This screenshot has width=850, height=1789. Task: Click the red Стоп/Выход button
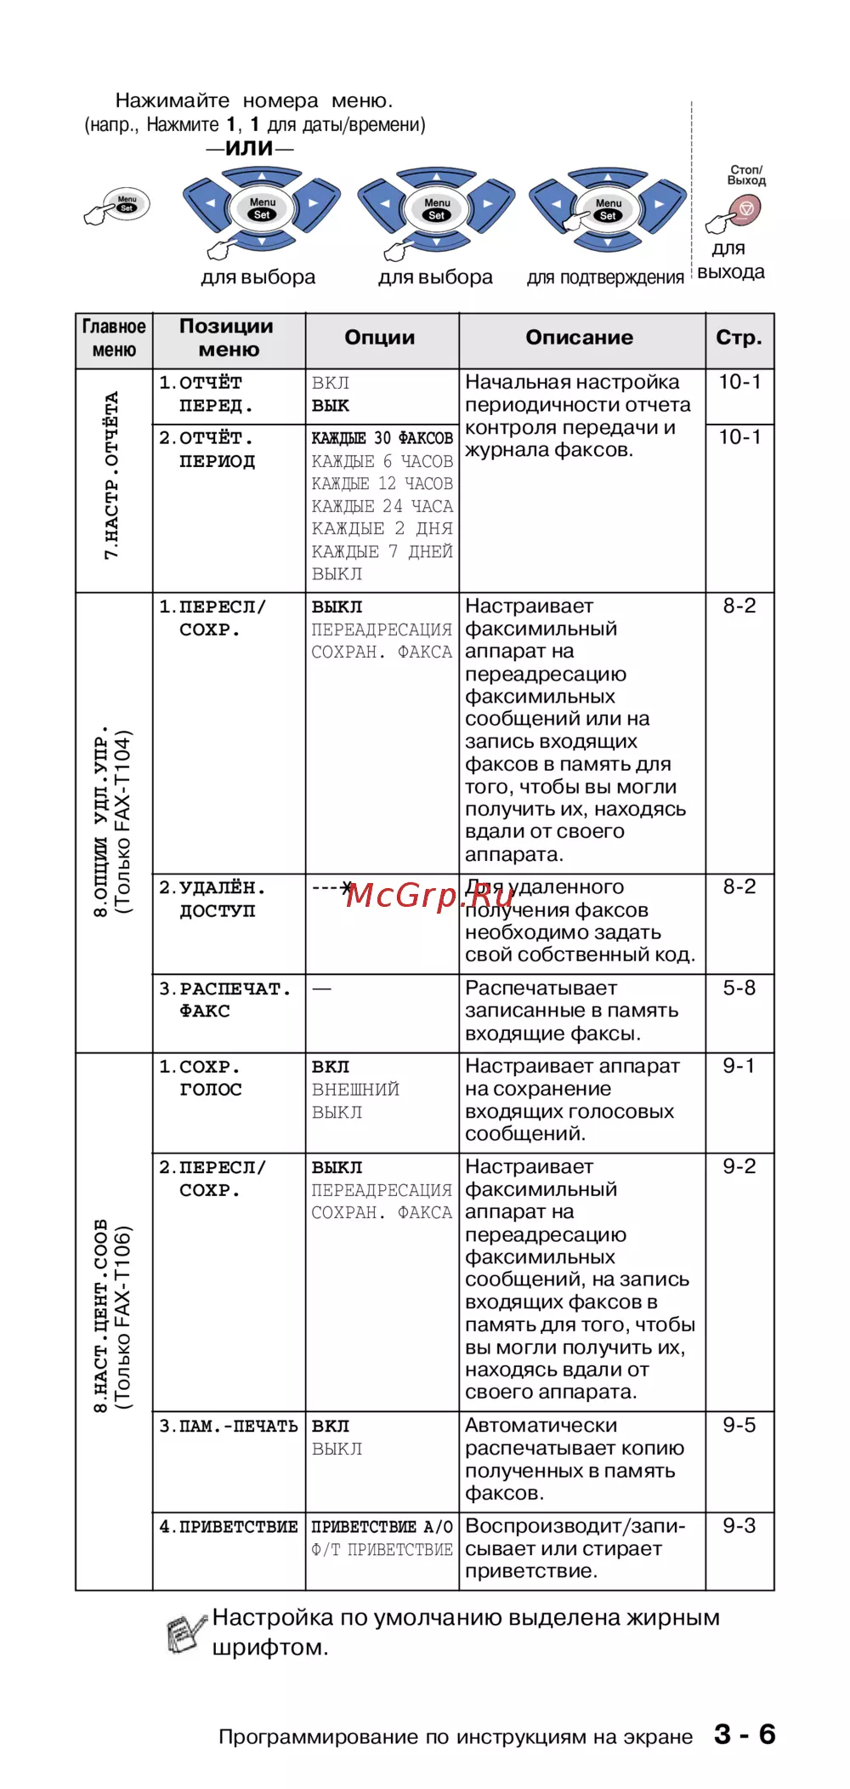(x=745, y=208)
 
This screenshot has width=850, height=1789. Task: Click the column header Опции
(x=380, y=338)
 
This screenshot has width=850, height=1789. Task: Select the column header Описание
(x=579, y=338)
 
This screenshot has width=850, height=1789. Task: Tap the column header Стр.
(x=739, y=338)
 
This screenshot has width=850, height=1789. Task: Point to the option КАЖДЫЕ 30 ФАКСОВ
(x=382, y=438)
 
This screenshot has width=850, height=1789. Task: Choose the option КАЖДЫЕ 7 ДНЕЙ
(x=382, y=551)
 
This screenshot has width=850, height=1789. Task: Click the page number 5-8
(x=739, y=988)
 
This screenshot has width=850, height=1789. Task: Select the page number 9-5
(x=739, y=1425)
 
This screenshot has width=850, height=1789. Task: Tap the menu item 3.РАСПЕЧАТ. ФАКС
(x=224, y=1000)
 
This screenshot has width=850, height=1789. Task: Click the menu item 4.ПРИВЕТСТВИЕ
(x=229, y=1527)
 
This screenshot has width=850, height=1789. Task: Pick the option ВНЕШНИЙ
(x=355, y=1089)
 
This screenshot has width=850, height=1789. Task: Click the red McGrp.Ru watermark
(x=430, y=895)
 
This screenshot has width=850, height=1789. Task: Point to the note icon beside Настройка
(x=185, y=1632)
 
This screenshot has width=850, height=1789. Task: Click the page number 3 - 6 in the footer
(x=745, y=1735)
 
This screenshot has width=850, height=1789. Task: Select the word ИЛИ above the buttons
(x=249, y=148)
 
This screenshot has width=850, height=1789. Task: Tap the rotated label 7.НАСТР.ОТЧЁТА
(x=111, y=476)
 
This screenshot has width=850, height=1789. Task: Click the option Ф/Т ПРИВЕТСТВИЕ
(x=382, y=1549)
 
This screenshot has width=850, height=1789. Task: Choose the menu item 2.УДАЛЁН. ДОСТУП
(x=212, y=899)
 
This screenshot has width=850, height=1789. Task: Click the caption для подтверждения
(x=605, y=277)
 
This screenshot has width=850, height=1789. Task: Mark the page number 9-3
(x=739, y=1525)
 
